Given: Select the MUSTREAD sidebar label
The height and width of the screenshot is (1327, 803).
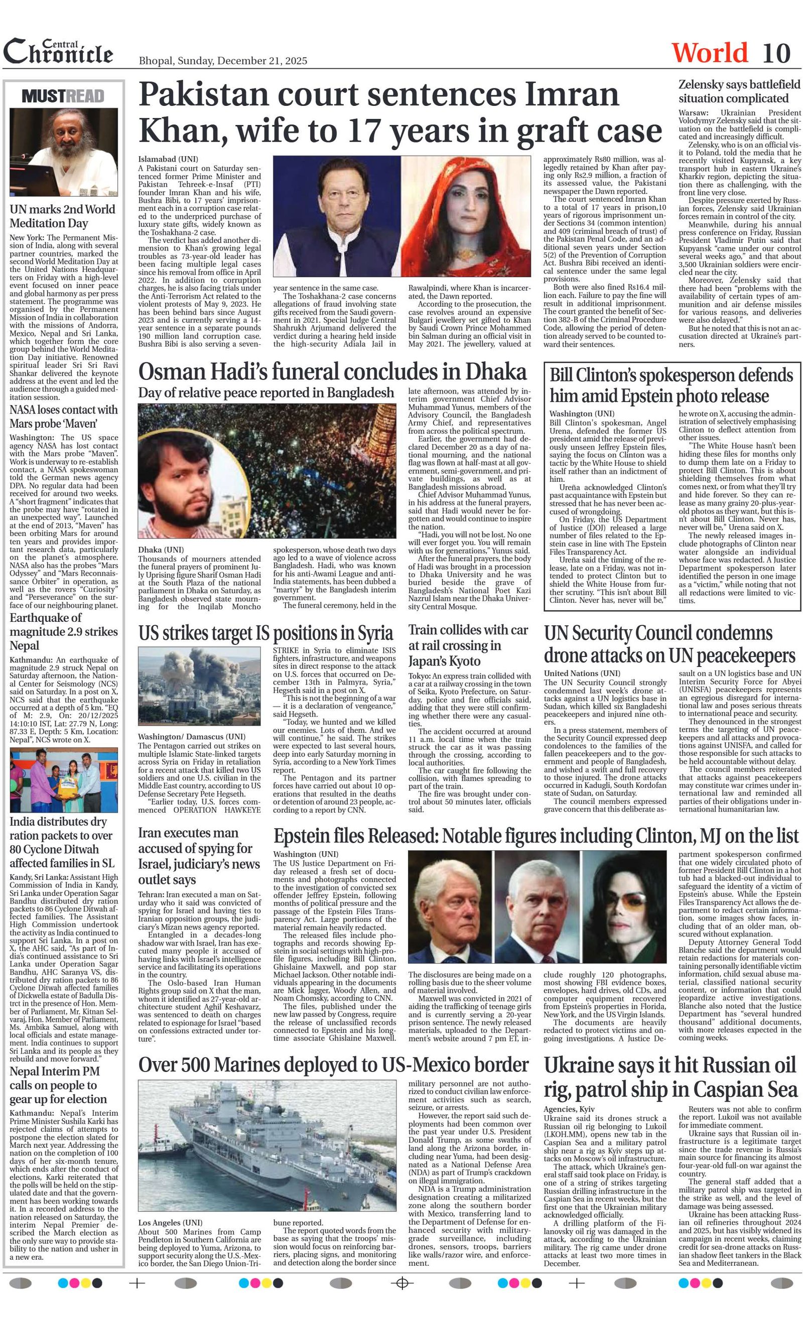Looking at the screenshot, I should click(63, 96).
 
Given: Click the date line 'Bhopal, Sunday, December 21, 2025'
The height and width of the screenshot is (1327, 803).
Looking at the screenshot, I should click(223, 61).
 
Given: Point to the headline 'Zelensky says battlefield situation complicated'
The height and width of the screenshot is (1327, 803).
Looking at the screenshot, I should click(739, 91).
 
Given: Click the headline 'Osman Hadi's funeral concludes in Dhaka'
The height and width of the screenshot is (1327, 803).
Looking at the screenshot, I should click(332, 372).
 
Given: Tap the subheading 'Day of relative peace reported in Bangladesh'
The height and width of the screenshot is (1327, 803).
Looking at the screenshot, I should click(266, 393).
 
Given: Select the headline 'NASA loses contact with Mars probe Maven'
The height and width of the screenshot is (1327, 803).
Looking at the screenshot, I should click(64, 416).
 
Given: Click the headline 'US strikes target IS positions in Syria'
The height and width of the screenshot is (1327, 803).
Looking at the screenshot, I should click(266, 633).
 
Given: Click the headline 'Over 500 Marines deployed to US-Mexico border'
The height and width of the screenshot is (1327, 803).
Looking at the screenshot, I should click(333, 1064).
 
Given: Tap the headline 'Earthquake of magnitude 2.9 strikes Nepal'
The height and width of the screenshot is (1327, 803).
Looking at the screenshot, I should click(64, 631).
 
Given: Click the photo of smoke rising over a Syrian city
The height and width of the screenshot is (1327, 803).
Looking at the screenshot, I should click(199, 686).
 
